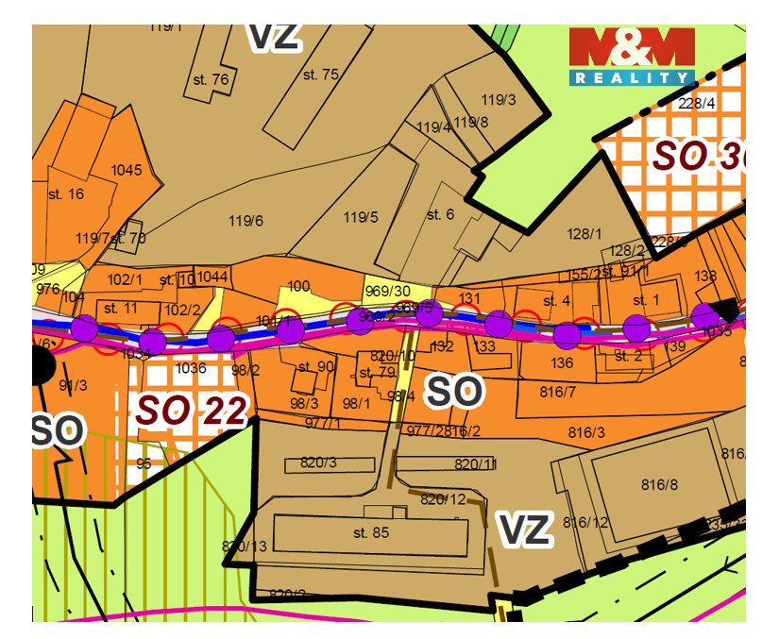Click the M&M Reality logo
point(631,56)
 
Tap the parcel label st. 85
point(371,532)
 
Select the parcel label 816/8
point(659,484)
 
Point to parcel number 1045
point(126,170)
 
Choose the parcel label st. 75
point(320,74)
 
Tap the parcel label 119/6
point(246,221)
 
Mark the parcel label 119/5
point(360,217)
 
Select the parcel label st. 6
point(440,214)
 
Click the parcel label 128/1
point(584,233)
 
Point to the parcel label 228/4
point(697,103)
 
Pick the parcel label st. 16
point(65,193)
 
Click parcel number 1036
point(191,368)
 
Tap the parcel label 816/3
point(586,432)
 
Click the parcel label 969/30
point(387,291)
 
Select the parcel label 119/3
point(499,99)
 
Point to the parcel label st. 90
point(315,366)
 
